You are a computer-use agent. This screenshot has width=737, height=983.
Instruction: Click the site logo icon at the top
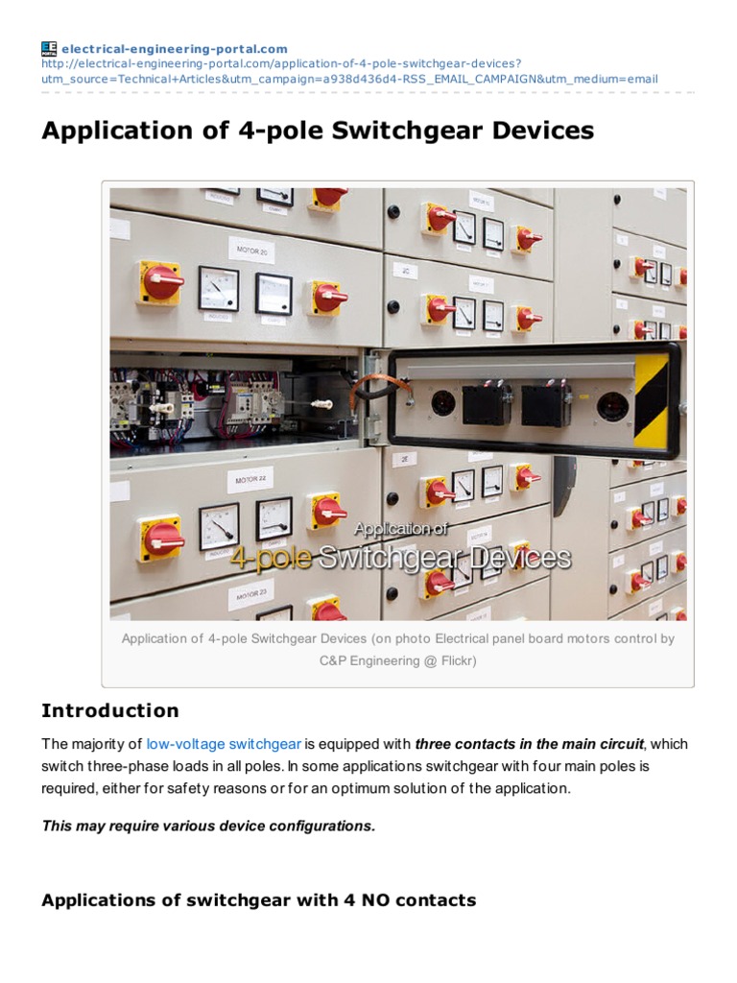click(49, 49)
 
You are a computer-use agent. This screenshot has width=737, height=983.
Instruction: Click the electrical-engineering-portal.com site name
click(175, 49)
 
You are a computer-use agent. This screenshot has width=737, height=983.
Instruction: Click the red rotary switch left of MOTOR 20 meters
click(160, 280)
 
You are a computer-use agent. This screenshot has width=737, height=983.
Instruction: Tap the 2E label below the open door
click(406, 460)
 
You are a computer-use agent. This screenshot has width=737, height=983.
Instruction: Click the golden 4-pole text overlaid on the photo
click(271, 558)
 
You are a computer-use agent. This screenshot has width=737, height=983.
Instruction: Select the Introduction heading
click(109, 711)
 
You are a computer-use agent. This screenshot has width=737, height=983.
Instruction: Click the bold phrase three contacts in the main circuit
click(529, 744)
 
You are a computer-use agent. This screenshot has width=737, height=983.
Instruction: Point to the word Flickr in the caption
click(454, 660)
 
